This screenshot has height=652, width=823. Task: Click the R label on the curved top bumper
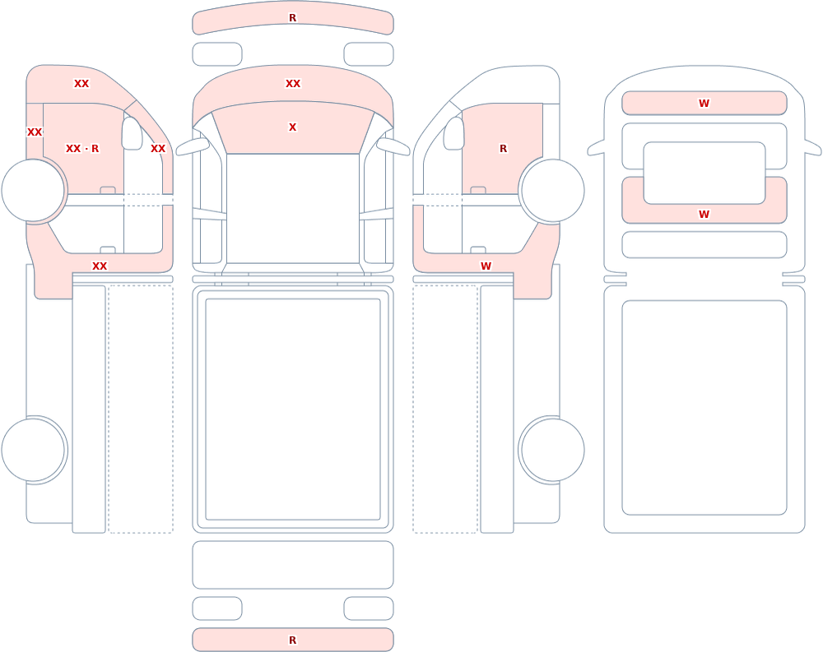(293, 18)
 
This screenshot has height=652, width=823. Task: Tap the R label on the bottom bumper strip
(293, 640)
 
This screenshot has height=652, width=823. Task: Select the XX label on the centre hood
(293, 83)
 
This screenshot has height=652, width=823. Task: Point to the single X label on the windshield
(293, 127)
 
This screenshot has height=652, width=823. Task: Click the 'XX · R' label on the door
(82, 149)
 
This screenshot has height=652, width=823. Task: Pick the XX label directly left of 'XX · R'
(35, 132)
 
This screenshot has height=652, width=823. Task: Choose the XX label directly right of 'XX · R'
(158, 149)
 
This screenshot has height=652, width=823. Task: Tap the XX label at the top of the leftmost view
(81, 83)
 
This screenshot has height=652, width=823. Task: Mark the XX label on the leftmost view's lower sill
(100, 266)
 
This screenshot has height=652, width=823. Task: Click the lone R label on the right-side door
(504, 149)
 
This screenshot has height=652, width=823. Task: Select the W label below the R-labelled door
(486, 266)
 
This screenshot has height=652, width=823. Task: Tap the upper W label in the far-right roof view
(704, 104)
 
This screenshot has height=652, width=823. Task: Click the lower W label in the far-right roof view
(704, 214)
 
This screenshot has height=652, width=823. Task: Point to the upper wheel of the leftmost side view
(33, 191)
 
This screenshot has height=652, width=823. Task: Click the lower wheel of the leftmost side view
(33, 450)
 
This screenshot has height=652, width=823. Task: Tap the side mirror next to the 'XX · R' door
(132, 133)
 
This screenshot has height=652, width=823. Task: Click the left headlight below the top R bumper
(217, 54)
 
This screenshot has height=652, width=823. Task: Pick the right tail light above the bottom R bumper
(369, 608)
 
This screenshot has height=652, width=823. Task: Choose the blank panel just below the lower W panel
(704, 244)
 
